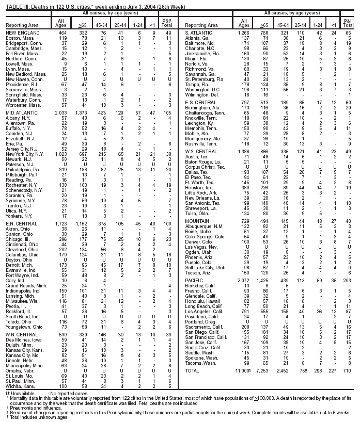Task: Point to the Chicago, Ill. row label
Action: pyautogui.click(x=19, y=239)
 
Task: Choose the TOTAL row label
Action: pyautogui.click(x=193, y=371)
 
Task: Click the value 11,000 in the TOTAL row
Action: pyautogui.click(x=243, y=371)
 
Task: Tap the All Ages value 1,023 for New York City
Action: pyautogui.click(x=60, y=154)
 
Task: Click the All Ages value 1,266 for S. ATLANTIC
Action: pyautogui.click(x=244, y=33)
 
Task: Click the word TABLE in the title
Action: pyautogui.click(x=11, y=4)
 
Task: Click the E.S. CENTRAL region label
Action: pyautogui.click(x=198, y=102)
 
